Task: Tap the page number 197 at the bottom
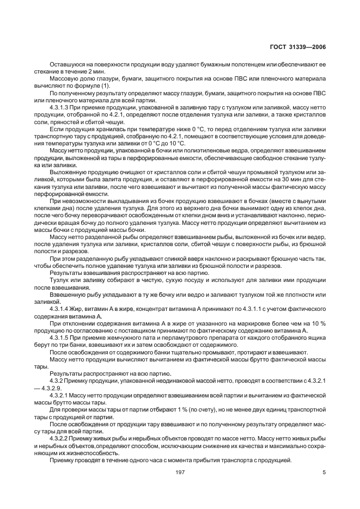180,472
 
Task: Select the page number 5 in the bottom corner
324,472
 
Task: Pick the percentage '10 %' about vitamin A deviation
318,323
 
